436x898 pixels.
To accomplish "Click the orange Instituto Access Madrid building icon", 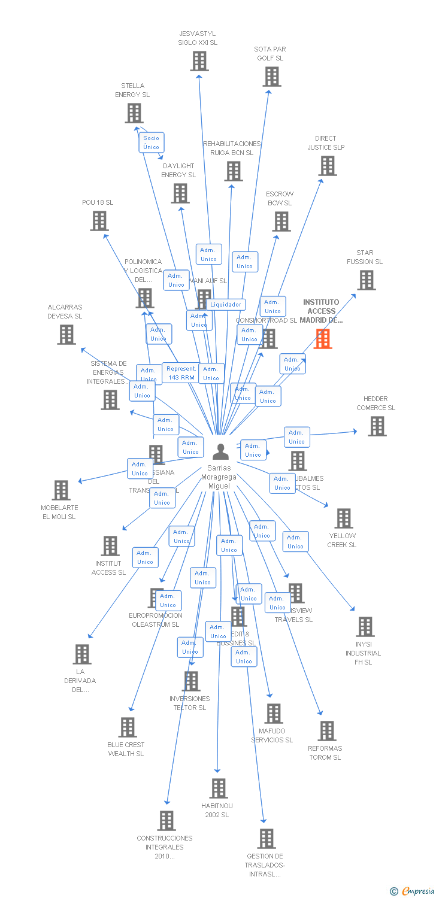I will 323,339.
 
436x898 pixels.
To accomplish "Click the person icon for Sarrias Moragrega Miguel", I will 220,452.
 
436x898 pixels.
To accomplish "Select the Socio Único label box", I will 152,142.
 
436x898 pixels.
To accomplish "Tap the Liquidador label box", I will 226,305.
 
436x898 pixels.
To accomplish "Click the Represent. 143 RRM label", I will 181,373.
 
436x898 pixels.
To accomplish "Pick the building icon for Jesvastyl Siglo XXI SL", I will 199,61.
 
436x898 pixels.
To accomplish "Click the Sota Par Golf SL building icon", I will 272,77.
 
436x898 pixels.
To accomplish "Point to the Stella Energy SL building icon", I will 134,113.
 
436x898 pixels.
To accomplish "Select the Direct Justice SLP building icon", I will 328,166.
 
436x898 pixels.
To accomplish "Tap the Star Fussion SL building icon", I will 367,280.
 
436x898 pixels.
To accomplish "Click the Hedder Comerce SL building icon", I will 377,426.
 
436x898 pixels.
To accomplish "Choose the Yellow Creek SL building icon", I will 344,518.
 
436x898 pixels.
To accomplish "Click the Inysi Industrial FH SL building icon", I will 365,627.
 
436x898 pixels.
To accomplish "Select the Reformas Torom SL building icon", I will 327,731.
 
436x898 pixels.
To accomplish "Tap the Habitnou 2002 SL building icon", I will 219,788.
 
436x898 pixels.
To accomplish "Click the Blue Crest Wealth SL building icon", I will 128,727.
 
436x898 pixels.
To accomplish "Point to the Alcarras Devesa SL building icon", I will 66,335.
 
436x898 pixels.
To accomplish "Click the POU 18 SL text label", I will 98,202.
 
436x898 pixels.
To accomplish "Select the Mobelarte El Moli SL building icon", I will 61,490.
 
